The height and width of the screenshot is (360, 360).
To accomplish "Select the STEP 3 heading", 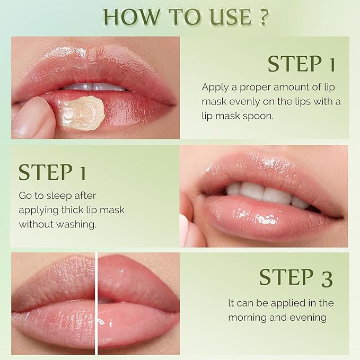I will tap(295, 277).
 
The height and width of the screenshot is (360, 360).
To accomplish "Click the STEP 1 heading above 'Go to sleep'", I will tap(52, 173).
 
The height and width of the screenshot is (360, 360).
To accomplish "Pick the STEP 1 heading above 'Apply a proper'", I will tap(301, 64).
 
